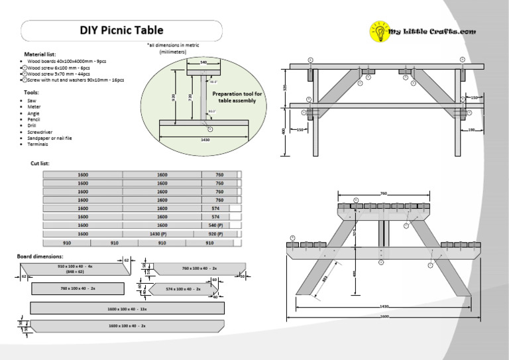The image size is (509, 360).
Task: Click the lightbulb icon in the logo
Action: [380, 31]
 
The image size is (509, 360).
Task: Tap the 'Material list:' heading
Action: [40, 54]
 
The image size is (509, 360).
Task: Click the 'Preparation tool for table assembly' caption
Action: [237, 97]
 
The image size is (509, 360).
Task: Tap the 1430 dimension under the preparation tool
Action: [205, 140]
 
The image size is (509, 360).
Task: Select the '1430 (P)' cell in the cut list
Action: [162, 234]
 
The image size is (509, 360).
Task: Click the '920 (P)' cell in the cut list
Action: [216, 234]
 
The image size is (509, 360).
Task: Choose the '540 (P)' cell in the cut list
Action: [216, 225]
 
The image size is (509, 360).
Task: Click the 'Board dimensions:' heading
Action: [40, 256]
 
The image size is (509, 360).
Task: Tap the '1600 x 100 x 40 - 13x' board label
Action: [129, 309]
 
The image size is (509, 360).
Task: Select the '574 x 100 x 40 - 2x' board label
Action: [183, 289]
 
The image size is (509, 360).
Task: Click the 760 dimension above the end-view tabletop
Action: [383, 194]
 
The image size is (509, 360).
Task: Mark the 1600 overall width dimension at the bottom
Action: [384, 316]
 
